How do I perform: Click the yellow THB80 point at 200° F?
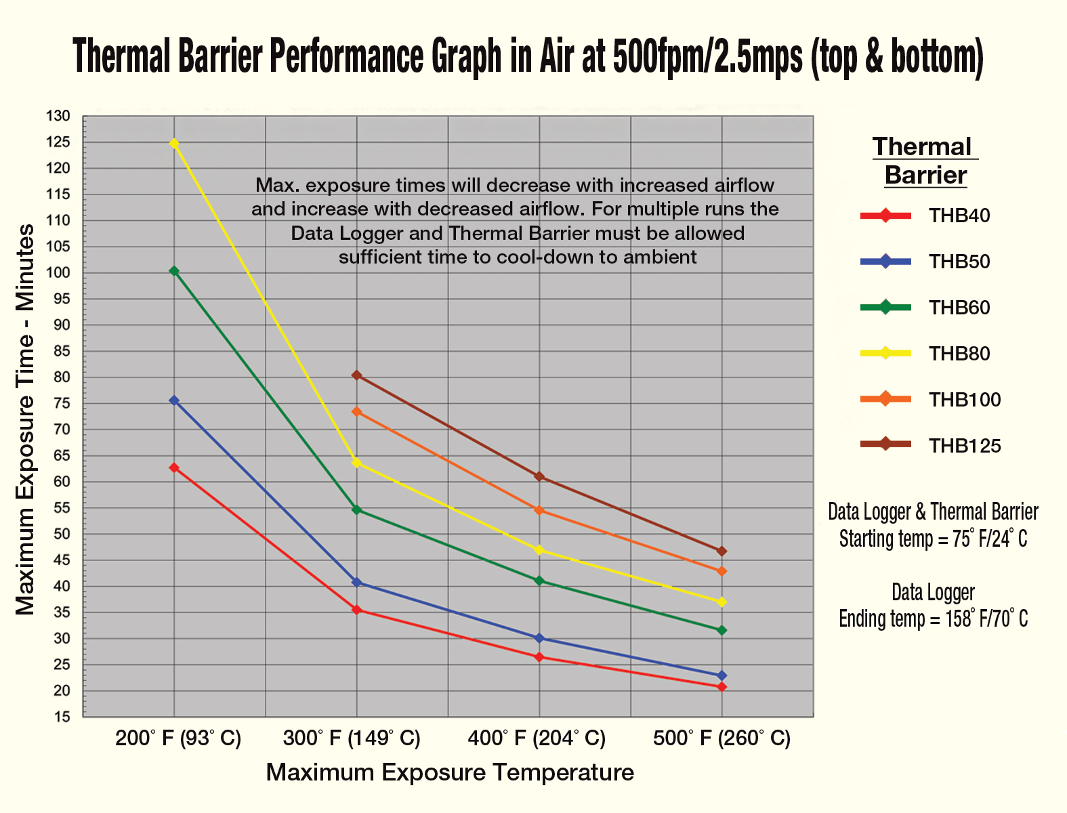[x=174, y=143]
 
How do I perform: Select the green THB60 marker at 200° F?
[x=174, y=271]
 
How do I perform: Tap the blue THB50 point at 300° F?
[x=357, y=582]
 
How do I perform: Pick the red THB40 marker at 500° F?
[x=721, y=687]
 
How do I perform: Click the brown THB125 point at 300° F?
[x=357, y=375]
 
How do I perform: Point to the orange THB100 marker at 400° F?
[x=539, y=510]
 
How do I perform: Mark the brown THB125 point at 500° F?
[x=721, y=551]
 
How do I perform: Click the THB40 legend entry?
[x=959, y=215]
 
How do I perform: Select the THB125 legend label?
[x=964, y=446]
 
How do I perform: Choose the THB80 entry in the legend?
[x=959, y=354]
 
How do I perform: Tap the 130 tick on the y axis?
[x=58, y=117]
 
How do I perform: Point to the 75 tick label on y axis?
[x=62, y=404]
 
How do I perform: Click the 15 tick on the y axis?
[x=62, y=717]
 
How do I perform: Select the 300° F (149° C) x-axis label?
[x=352, y=738]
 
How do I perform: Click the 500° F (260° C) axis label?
[x=721, y=738]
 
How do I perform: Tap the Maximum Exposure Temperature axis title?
[x=450, y=772]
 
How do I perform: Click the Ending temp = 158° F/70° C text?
[x=933, y=619]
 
